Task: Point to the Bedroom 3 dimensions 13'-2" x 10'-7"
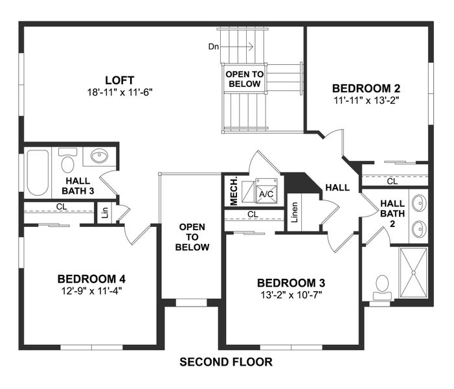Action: click(x=291, y=294)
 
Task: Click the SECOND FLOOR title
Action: click(x=225, y=362)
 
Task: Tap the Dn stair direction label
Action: click(x=213, y=47)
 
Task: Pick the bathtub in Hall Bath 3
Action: click(x=38, y=172)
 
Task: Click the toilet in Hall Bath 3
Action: click(x=67, y=159)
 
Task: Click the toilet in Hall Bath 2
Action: click(x=382, y=286)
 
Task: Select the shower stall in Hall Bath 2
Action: click(x=414, y=275)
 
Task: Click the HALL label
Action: click(x=337, y=187)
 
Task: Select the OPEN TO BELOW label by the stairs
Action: click(x=244, y=79)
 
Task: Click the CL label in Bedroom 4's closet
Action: click(x=61, y=207)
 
